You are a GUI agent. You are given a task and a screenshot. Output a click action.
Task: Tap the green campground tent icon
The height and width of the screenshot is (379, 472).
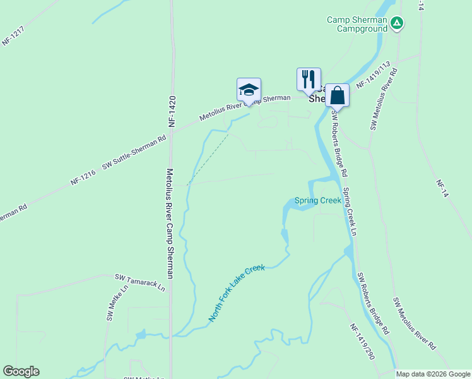[x=396, y=24]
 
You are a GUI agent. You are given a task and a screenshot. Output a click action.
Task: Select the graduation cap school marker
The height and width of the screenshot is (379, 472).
[x=249, y=89]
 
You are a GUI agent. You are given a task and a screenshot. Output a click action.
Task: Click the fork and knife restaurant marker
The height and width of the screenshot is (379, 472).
[x=309, y=79]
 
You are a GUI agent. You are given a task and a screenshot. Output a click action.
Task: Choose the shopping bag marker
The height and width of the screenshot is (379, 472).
[x=338, y=95]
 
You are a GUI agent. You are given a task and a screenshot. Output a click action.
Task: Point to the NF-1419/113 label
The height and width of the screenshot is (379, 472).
[x=374, y=75]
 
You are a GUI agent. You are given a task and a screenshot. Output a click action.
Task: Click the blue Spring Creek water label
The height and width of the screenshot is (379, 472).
[x=317, y=201]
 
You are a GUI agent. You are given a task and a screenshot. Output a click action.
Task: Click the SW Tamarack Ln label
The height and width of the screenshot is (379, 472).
[x=139, y=282]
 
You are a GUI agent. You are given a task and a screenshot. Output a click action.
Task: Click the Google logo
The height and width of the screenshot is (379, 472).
[x=21, y=371]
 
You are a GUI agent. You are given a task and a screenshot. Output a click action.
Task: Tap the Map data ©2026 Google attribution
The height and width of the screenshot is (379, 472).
[x=433, y=374]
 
